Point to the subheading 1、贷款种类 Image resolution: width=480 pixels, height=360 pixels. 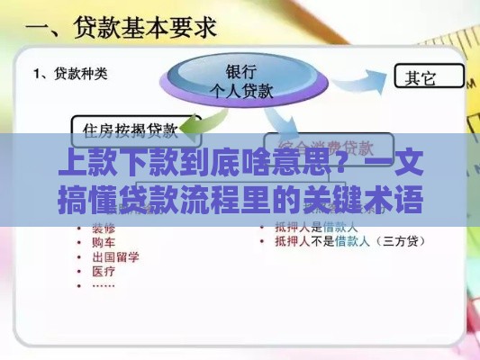70,74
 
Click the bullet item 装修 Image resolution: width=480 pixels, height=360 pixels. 101,229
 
